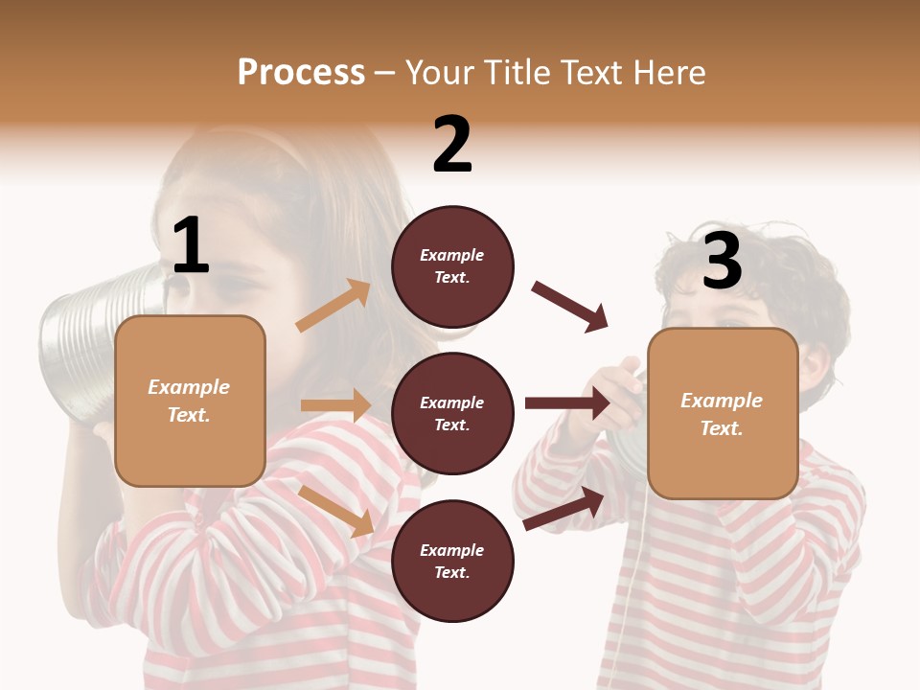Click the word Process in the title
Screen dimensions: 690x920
[301, 73]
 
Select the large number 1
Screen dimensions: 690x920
[191, 246]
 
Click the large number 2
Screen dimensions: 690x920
[452, 145]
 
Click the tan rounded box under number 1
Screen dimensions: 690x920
[190, 401]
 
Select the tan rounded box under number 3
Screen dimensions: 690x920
[723, 414]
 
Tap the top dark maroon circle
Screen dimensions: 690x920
[452, 266]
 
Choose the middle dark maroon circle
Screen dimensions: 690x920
[452, 413]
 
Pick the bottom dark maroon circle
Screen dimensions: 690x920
[452, 561]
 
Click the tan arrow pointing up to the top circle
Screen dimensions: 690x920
[333, 306]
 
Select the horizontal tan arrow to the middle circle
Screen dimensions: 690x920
[335, 405]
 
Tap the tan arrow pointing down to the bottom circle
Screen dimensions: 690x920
[336, 510]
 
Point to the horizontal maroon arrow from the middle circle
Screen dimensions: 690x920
[567, 402]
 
